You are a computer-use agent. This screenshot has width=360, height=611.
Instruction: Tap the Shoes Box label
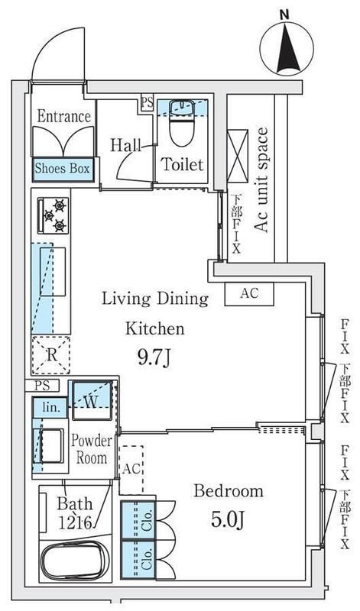coord(63,169)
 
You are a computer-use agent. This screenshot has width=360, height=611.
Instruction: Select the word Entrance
coord(64,116)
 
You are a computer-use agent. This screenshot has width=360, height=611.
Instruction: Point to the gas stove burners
coord(54,215)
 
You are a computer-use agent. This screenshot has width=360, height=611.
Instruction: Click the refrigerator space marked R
coord(51,355)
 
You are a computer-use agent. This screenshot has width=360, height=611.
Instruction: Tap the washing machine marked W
coord(92,401)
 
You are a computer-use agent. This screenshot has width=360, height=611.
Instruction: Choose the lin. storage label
coord(50,408)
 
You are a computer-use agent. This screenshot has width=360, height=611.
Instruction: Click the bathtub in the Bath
coord(74,561)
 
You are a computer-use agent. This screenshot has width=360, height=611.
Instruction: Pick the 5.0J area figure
coord(228,520)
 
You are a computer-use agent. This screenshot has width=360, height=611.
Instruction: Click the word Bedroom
coord(229,491)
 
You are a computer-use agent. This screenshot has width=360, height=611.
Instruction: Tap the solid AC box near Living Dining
coord(249,294)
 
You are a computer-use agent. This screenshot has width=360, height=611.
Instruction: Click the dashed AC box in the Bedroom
coord(131,470)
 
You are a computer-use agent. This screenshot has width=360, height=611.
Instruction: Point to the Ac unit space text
coord(261,180)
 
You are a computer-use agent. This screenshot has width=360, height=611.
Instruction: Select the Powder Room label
coord(92,449)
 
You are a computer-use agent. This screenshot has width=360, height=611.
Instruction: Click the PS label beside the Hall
coord(148,103)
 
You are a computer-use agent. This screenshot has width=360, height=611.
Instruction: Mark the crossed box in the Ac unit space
coord(238,157)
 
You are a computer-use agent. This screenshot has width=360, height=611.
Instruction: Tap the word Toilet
coord(183,164)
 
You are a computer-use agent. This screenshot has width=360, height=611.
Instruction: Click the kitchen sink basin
coord(53,272)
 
